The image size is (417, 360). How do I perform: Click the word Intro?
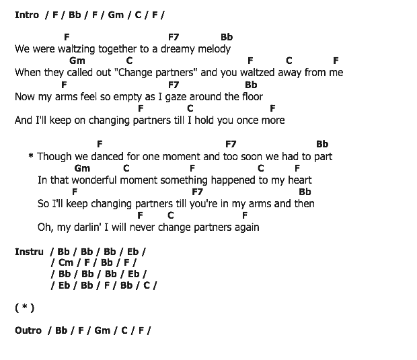coord(27,15)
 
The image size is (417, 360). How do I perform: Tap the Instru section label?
coord(29,252)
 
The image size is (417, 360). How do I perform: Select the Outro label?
coord(28,330)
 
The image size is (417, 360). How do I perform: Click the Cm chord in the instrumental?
coord(66,262)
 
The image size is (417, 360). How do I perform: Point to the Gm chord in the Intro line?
coord(116,15)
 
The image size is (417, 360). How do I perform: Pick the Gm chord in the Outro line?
coord(102,330)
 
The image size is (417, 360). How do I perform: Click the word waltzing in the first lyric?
coord(76,50)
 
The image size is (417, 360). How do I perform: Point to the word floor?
coord(253,97)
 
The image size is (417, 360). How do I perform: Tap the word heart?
coord(300,180)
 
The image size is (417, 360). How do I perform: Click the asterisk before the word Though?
coord(31,155)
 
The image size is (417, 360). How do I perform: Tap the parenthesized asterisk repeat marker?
coord(25,308)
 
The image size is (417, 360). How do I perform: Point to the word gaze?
coord(176,97)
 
